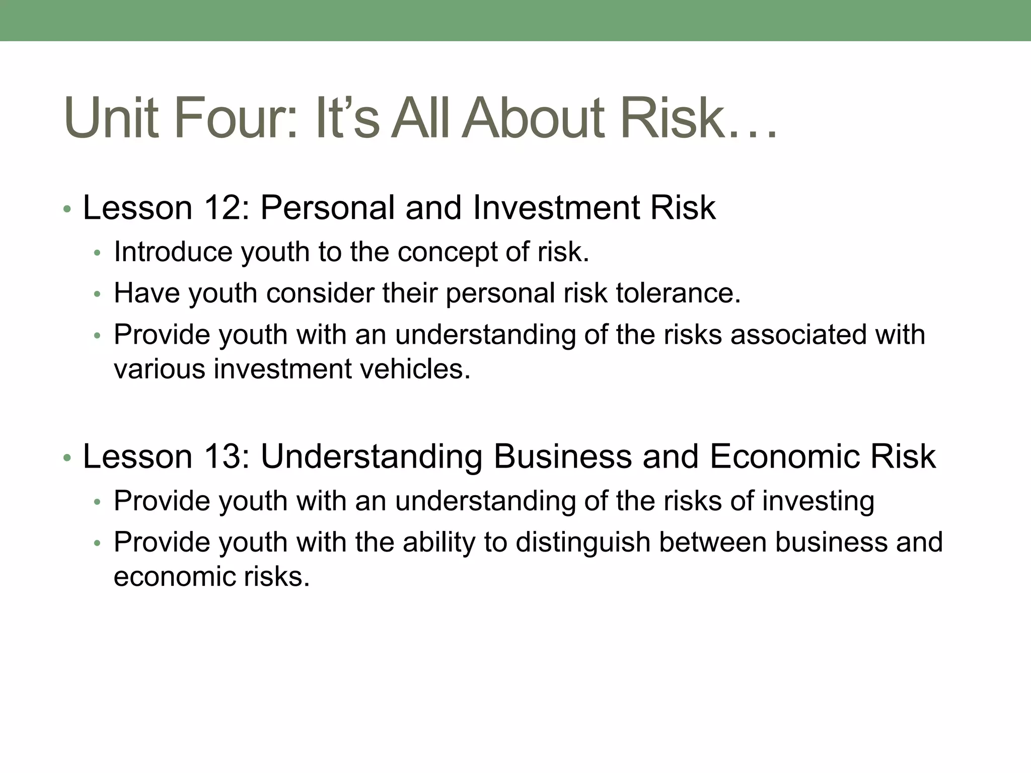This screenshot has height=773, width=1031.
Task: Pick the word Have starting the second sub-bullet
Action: (x=146, y=293)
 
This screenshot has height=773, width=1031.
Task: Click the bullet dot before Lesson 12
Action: (x=67, y=209)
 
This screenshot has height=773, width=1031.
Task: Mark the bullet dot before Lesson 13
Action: (x=67, y=458)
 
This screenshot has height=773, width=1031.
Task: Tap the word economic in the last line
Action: (x=174, y=577)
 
